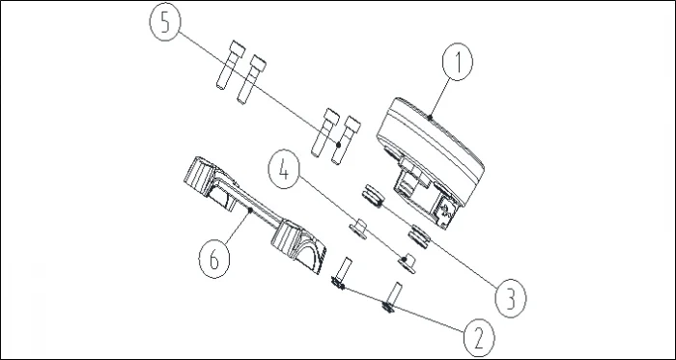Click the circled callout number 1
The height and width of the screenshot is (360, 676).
[458, 62]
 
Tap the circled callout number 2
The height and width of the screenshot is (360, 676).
[479, 339]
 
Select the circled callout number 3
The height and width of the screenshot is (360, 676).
[511, 299]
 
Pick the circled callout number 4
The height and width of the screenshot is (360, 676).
[283, 169]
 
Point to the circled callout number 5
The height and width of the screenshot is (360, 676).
[165, 22]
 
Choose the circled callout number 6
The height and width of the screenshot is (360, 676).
[213, 260]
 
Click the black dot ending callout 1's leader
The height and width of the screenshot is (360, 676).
[430, 117]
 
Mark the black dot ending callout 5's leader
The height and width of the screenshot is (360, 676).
[339, 145]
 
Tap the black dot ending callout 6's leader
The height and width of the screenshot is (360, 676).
[250, 210]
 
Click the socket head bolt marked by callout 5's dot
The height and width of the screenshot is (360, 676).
[346, 140]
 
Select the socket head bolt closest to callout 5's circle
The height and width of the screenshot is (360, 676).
[230, 65]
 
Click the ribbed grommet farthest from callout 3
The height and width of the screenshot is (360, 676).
[374, 196]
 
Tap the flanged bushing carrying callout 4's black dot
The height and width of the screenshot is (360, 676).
[407, 263]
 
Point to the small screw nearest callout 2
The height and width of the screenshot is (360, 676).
[391, 298]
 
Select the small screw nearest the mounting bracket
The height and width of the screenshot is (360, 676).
[342, 273]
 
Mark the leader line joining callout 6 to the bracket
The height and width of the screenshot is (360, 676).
[238, 228]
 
